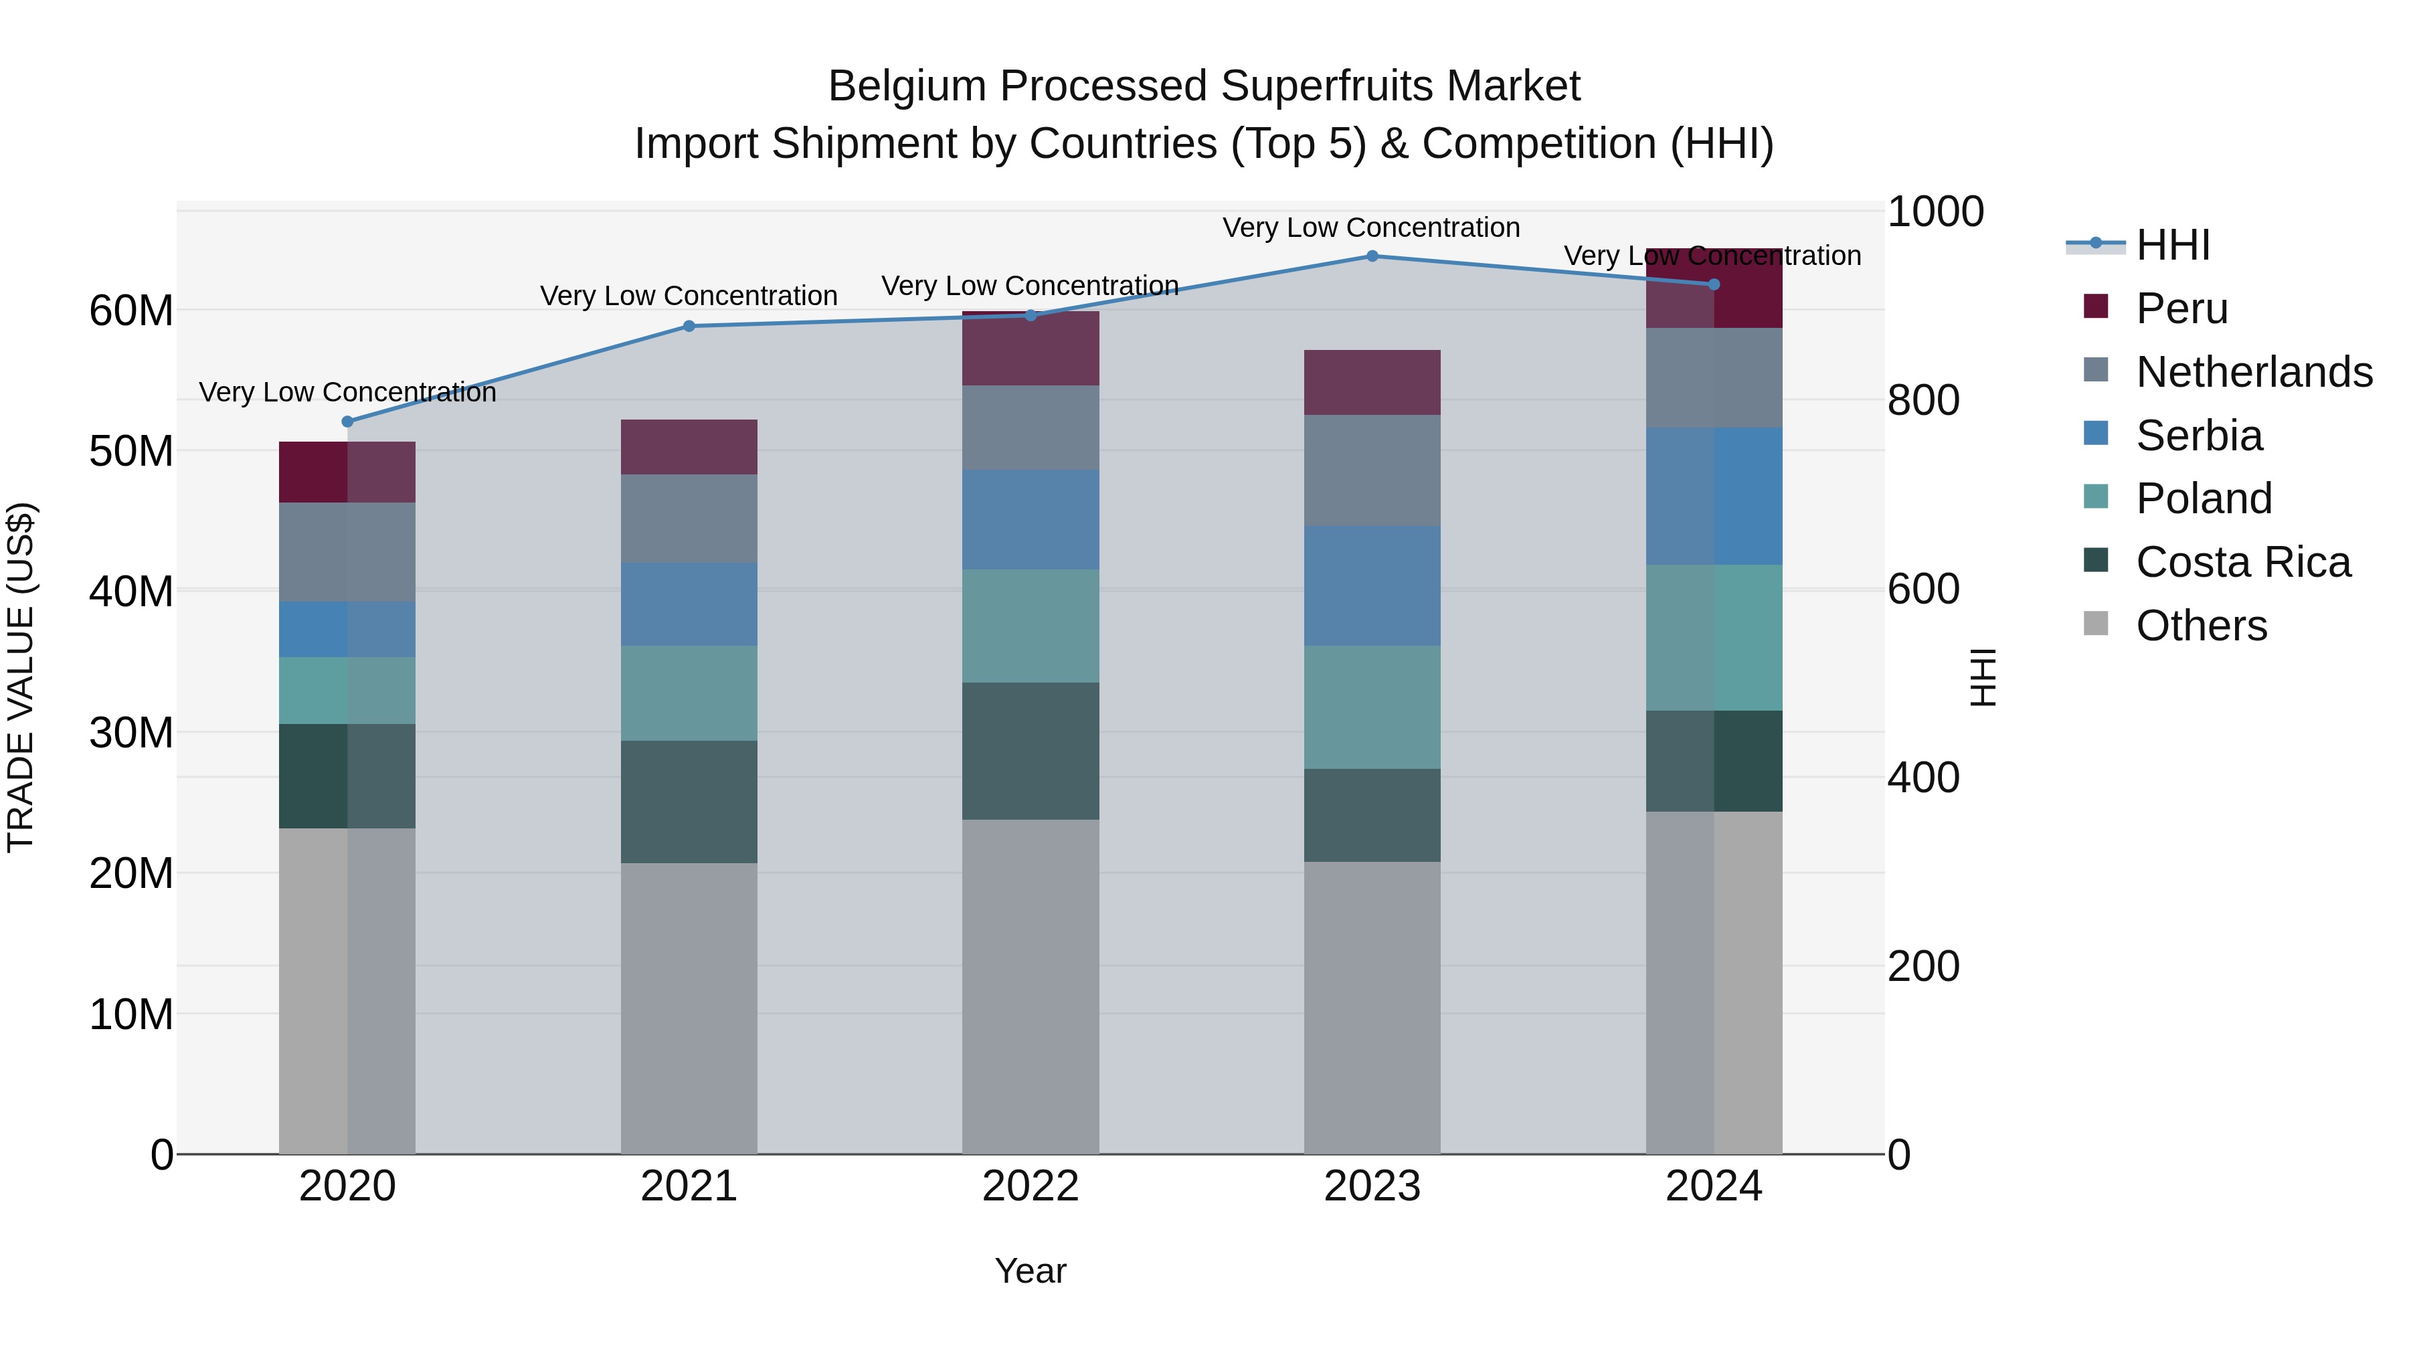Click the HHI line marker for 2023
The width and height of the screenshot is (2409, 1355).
click(1372, 256)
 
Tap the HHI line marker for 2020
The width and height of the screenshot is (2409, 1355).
click(348, 422)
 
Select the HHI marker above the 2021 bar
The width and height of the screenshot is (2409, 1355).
click(689, 327)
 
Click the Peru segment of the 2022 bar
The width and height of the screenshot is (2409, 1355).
click(1031, 349)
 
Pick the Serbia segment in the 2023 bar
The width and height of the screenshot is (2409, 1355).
click(1372, 585)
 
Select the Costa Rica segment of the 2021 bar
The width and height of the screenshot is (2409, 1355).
click(689, 802)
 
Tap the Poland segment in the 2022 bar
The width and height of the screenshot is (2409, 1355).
click(1031, 626)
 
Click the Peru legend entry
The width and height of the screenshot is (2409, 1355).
click(2181, 308)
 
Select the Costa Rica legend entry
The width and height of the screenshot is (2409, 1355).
click(2242, 562)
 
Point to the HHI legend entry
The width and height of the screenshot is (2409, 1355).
click(2172, 245)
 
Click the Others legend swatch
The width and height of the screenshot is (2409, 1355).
click(2096, 624)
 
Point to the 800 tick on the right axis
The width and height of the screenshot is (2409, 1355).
click(1923, 400)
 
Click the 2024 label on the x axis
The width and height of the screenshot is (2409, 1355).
click(1713, 1186)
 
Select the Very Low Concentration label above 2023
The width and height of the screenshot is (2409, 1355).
click(1371, 228)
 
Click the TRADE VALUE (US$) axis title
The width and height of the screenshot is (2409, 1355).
click(21, 677)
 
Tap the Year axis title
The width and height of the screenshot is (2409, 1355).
click(1031, 1271)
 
